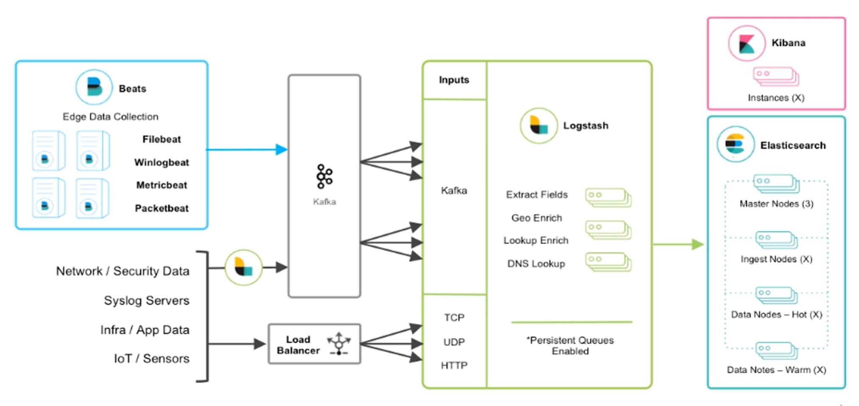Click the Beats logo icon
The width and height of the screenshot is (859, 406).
(94, 87)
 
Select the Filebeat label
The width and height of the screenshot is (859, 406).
(162, 139)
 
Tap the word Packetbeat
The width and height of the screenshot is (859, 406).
(162, 208)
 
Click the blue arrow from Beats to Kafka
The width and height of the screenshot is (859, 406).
(246, 149)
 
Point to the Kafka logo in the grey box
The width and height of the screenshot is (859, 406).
(324, 176)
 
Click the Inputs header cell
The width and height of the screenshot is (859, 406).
(454, 80)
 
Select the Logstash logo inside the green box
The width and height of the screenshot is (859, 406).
(538, 126)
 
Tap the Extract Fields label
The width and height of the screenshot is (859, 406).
(537, 195)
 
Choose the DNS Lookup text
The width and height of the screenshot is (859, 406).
(536, 263)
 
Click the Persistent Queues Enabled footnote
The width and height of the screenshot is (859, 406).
(570, 346)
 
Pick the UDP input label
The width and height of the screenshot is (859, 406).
(454, 342)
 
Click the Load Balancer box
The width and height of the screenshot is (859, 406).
(314, 344)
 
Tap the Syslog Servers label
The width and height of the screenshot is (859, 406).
(147, 300)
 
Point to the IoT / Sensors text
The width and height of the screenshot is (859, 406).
(151, 358)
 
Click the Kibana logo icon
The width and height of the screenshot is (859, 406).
(747, 43)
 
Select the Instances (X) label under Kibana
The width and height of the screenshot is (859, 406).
(776, 98)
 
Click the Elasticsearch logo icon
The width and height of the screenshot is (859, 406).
(735, 144)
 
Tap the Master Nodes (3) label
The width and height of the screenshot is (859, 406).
(776, 204)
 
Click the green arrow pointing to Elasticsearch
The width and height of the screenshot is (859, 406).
(678, 244)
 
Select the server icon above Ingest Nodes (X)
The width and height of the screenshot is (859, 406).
(776, 240)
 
